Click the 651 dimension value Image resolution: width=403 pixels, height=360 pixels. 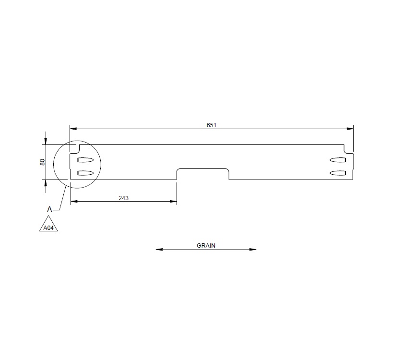(x=212, y=125)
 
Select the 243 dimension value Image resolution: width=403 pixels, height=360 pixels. (x=123, y=197)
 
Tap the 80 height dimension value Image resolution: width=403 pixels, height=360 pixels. (x=42, y=162)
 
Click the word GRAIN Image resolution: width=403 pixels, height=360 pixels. (x=206, y=245)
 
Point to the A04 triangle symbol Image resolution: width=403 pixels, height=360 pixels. (x=48, y=227)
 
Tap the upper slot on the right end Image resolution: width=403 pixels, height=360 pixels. (x=338, y=160)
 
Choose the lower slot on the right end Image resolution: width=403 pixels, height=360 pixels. (x=338, y=173)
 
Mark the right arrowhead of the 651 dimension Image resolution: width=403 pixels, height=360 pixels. (x=350, y=129)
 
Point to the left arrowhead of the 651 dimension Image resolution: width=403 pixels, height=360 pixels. (x=73, y=129)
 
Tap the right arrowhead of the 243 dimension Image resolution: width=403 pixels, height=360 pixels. (x=174, y=202)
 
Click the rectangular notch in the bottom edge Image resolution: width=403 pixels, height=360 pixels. (x=203, y=173)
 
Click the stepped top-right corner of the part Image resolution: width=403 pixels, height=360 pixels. (x=349, y=149)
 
